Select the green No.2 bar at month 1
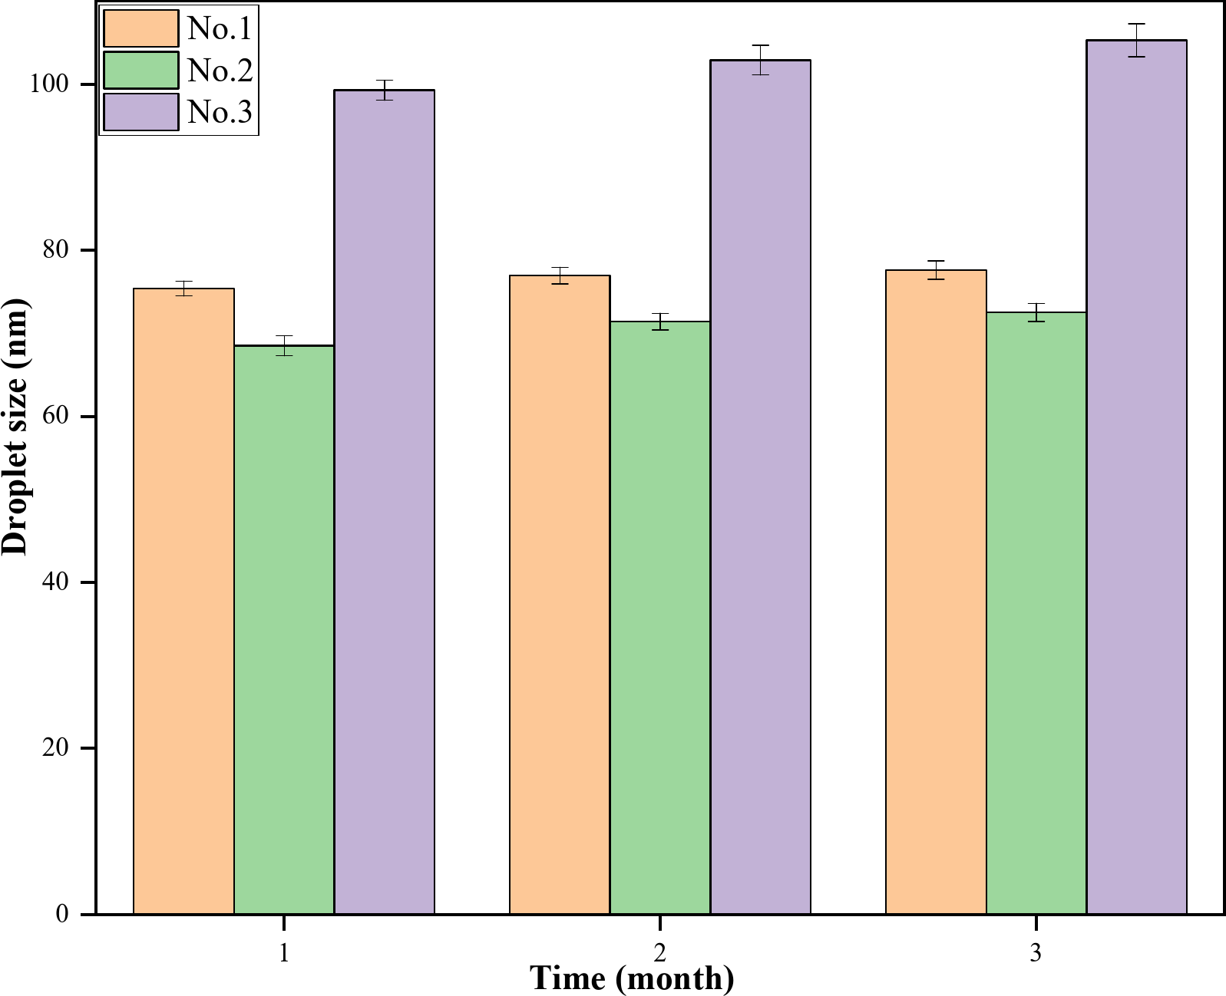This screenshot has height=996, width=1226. [284, 629]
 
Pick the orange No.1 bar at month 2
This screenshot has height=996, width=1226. [560, 595]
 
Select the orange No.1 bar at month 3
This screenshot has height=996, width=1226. [936, 592]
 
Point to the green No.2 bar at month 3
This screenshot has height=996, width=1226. [1036, 613]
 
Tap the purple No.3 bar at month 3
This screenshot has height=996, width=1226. [1136, 477]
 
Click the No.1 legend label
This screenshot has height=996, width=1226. [220, 28]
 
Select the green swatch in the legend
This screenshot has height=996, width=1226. [141, 70]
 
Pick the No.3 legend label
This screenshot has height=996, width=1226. [220, 112]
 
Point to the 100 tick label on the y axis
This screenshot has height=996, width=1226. [48, 84]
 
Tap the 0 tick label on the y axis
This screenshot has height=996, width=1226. [61, 914]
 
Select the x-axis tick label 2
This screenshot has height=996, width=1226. [660, 953]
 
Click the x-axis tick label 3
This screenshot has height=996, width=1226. [1036, 953]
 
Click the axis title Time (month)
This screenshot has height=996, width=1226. [632, 979]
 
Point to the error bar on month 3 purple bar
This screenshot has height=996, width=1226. [1136, 40]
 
